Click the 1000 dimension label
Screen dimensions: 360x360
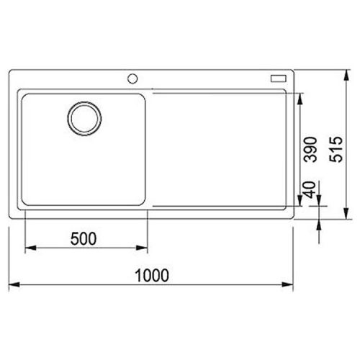click(x=152, y=275)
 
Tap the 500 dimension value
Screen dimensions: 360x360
click(x=84, y=239)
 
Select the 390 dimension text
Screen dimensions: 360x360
click(x=310, y=149)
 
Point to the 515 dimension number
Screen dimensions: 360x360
click(x=336, y=149)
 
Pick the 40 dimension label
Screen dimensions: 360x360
click(x=310, y=189)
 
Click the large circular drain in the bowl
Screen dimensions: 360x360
click(x=84, y=119)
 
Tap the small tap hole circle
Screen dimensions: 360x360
click(x=132, y=78)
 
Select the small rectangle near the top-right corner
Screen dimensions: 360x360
click(x=279, y=78)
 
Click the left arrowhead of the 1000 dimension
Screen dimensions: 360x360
click(x=14, y=284)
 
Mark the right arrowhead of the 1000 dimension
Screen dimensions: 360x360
click(x=288, y=284)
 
